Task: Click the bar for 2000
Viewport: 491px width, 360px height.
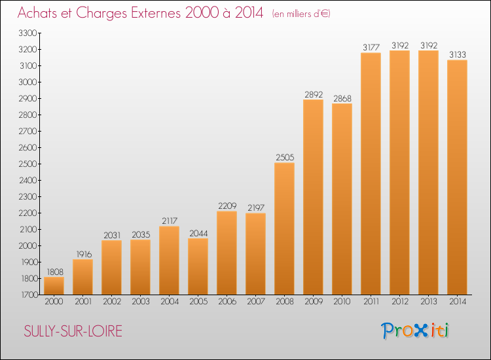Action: click(54, 286)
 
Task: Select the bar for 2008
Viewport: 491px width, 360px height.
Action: click(284, 228)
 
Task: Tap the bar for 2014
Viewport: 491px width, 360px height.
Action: click(457, 177)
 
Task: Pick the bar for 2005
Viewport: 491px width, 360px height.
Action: click(198, 266)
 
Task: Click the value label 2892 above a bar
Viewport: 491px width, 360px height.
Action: click(314, 94)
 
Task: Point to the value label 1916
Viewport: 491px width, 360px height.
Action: click(84, 254)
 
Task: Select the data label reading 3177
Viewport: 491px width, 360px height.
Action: click(371, 47)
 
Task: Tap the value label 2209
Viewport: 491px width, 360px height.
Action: click(227, 206)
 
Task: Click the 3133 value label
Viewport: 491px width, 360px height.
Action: click(458, 54)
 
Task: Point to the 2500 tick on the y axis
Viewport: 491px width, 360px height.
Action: click(28, 164)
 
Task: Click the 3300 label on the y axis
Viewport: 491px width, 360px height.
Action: click(28, 33)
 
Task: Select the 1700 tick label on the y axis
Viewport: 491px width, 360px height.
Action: click(29, 295)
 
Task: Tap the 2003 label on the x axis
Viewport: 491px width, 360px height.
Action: click(141, 302)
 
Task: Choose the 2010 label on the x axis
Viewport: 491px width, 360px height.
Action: click(342, 302)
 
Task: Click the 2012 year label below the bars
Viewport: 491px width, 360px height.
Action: click(400, 302)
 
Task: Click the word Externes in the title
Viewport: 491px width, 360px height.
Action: click(156, 13)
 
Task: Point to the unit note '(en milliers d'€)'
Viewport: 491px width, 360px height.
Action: click(301, 14)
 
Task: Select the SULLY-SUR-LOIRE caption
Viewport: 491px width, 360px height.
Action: click(73, 331)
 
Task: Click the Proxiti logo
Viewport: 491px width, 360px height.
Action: click(415, 331)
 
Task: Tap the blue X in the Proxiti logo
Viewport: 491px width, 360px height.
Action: click(420, 331)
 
